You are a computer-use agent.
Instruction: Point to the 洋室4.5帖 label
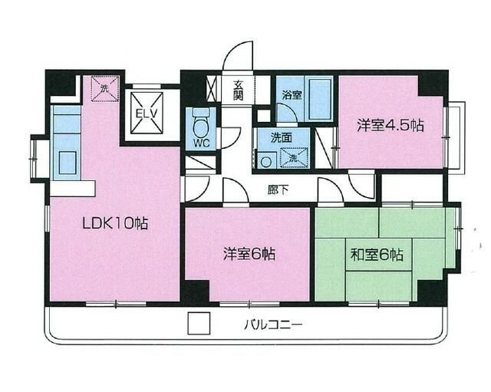pos(390,125)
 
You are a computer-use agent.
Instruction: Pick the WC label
pos(201,142)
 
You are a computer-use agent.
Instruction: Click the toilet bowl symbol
pos(201,123)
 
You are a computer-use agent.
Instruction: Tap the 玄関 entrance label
pos(239,90)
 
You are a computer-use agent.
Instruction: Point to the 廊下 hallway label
pos(278,189)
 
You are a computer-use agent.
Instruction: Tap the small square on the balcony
pos(199,324)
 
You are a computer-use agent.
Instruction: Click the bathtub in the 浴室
pos(319,100)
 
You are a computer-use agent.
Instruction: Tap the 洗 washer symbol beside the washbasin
pos(292,157)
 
